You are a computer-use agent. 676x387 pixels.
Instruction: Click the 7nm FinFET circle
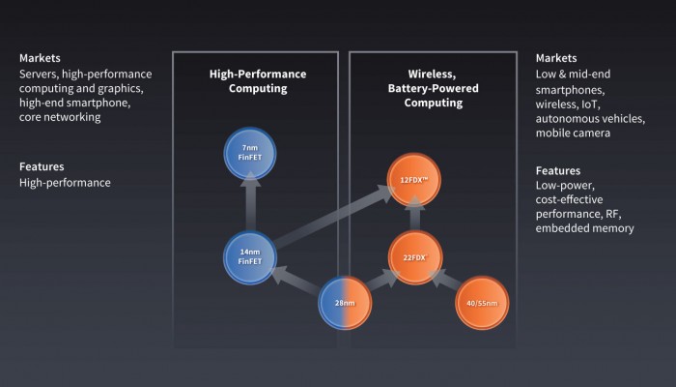(250, 151)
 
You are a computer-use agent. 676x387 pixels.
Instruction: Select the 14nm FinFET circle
(250, 257)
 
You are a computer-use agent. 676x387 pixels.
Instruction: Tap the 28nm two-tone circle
(345, 304)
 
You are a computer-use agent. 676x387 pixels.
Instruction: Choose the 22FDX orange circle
(414, 257)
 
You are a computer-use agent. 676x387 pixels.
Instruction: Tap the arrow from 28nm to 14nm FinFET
(297, 282)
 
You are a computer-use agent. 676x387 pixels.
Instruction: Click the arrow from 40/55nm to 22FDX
(448, 282)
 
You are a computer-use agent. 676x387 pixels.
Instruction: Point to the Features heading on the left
(42, 165)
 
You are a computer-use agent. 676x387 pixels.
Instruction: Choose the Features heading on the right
(559, 170)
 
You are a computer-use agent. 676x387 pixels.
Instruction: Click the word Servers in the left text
(39, 74)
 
